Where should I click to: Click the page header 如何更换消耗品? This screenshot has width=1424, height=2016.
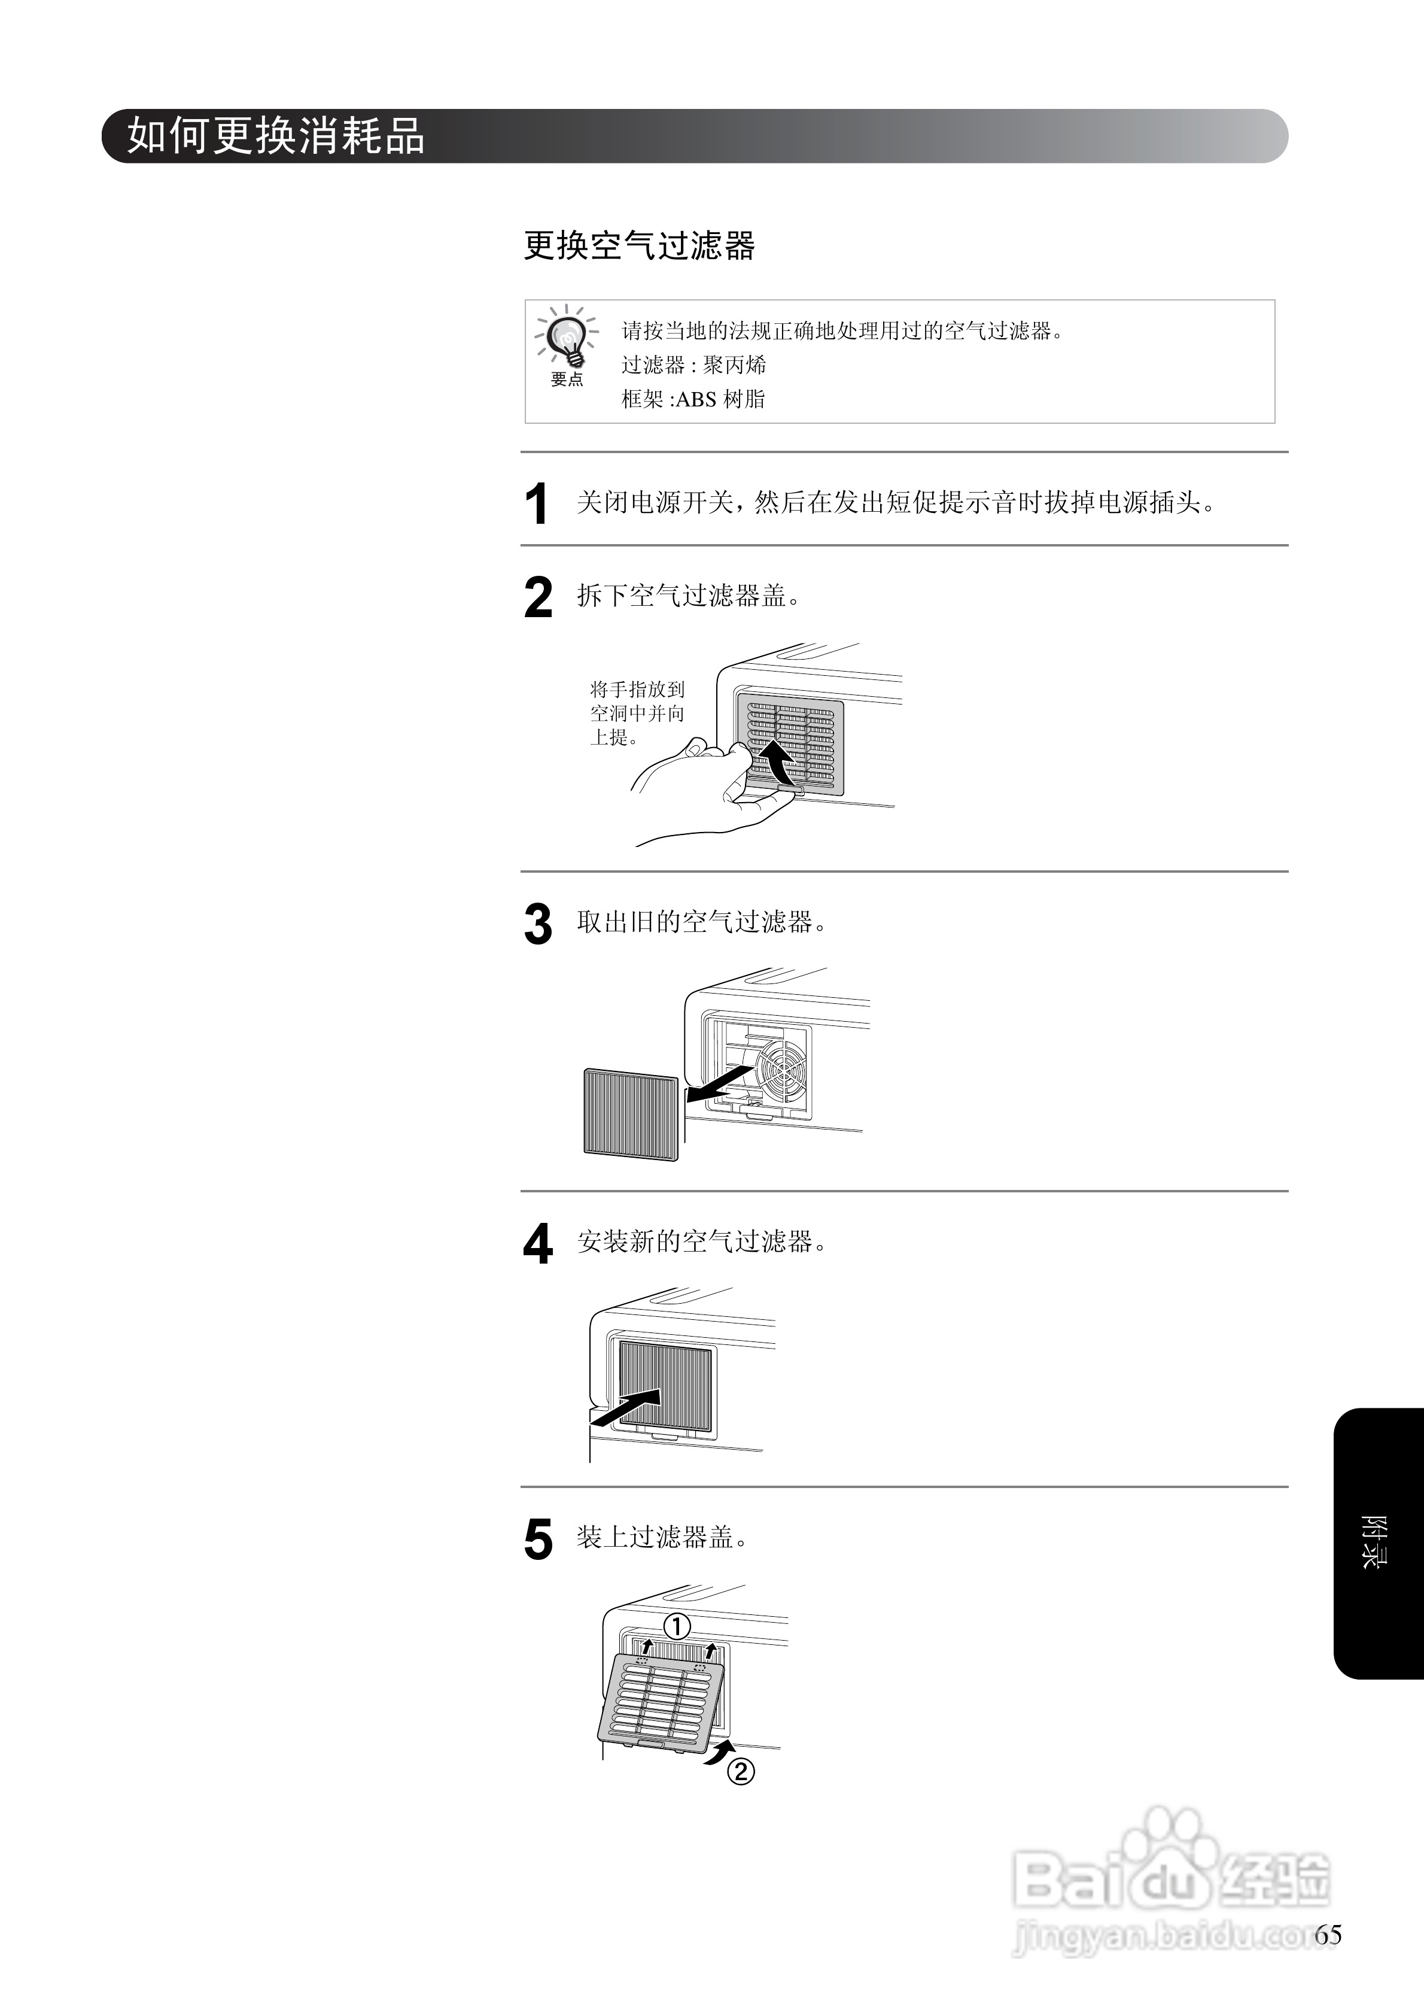tap(276, 136)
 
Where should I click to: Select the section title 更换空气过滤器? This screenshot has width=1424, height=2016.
tap(639, 246)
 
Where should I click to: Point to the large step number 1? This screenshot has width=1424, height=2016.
tap(537, 504)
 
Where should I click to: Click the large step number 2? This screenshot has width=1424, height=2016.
tap(538, 598)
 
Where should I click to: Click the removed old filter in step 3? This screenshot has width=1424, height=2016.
tap(631, 1113)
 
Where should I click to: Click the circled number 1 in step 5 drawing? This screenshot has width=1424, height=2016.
tap(677, 1627)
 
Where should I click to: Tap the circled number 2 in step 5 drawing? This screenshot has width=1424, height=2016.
tap(741, 1771)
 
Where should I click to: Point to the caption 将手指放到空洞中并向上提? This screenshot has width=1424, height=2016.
tap(637, 713)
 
